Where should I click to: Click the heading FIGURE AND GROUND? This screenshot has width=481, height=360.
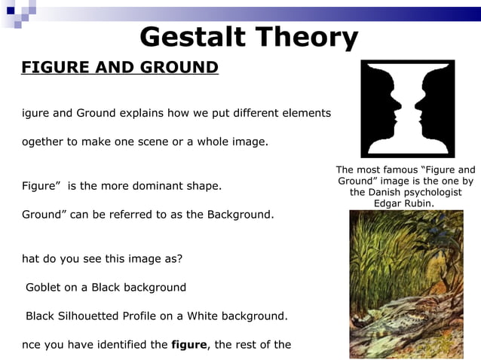[x=120, y=68]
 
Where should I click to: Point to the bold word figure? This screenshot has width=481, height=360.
[x=191, y=345]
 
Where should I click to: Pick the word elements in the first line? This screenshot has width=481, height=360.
[x=306, y=114]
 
